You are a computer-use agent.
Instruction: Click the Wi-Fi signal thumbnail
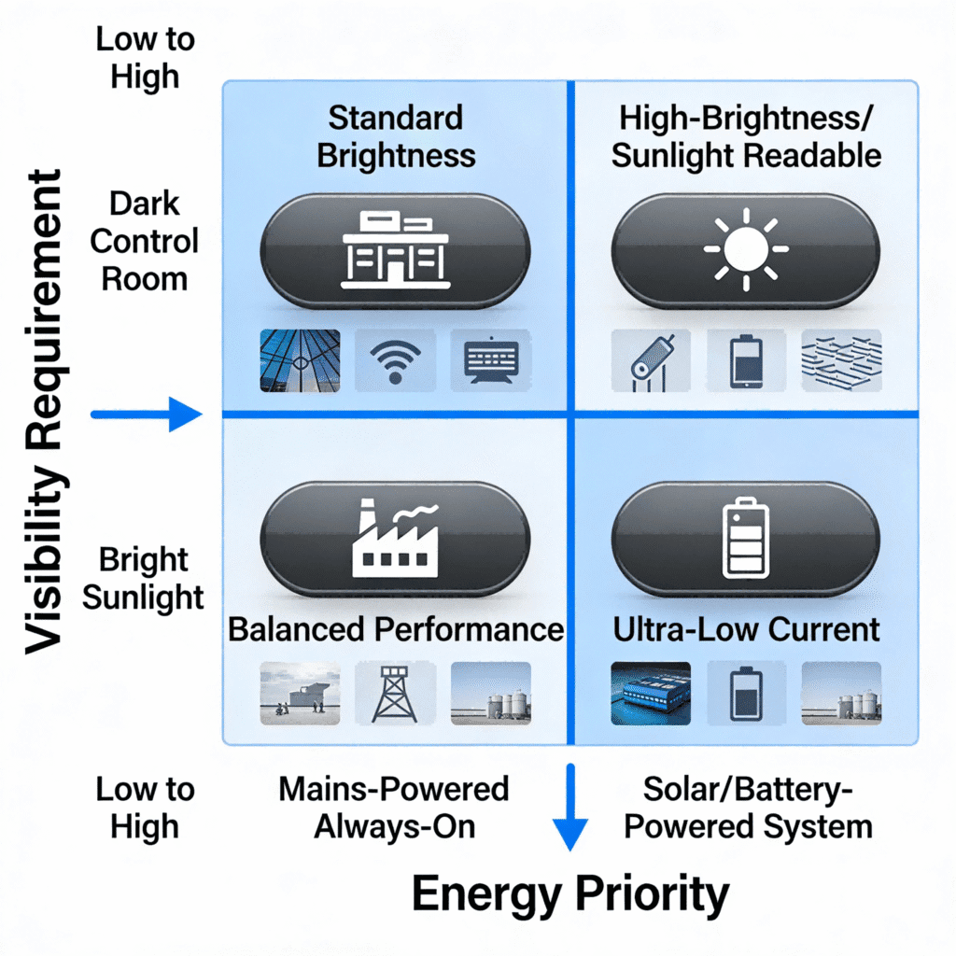(x=395, y=360)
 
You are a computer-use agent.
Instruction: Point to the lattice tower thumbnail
(x=395, y=693)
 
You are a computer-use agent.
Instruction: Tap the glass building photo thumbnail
(x=300, y=360)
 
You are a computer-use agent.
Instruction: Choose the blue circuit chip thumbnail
(x=651, y=693)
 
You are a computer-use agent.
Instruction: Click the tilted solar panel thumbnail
(x=651, y=361)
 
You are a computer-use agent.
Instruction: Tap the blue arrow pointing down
(x=569, y=808)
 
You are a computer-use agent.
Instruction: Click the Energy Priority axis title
(x=569, y=894)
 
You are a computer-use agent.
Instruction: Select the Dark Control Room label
(x=145, y=241)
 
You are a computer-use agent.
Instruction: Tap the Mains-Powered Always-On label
(x=394, y=807)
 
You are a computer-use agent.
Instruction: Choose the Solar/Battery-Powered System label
(x=747, y=807)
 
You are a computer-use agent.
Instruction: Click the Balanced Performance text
(x=396, y=628)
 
